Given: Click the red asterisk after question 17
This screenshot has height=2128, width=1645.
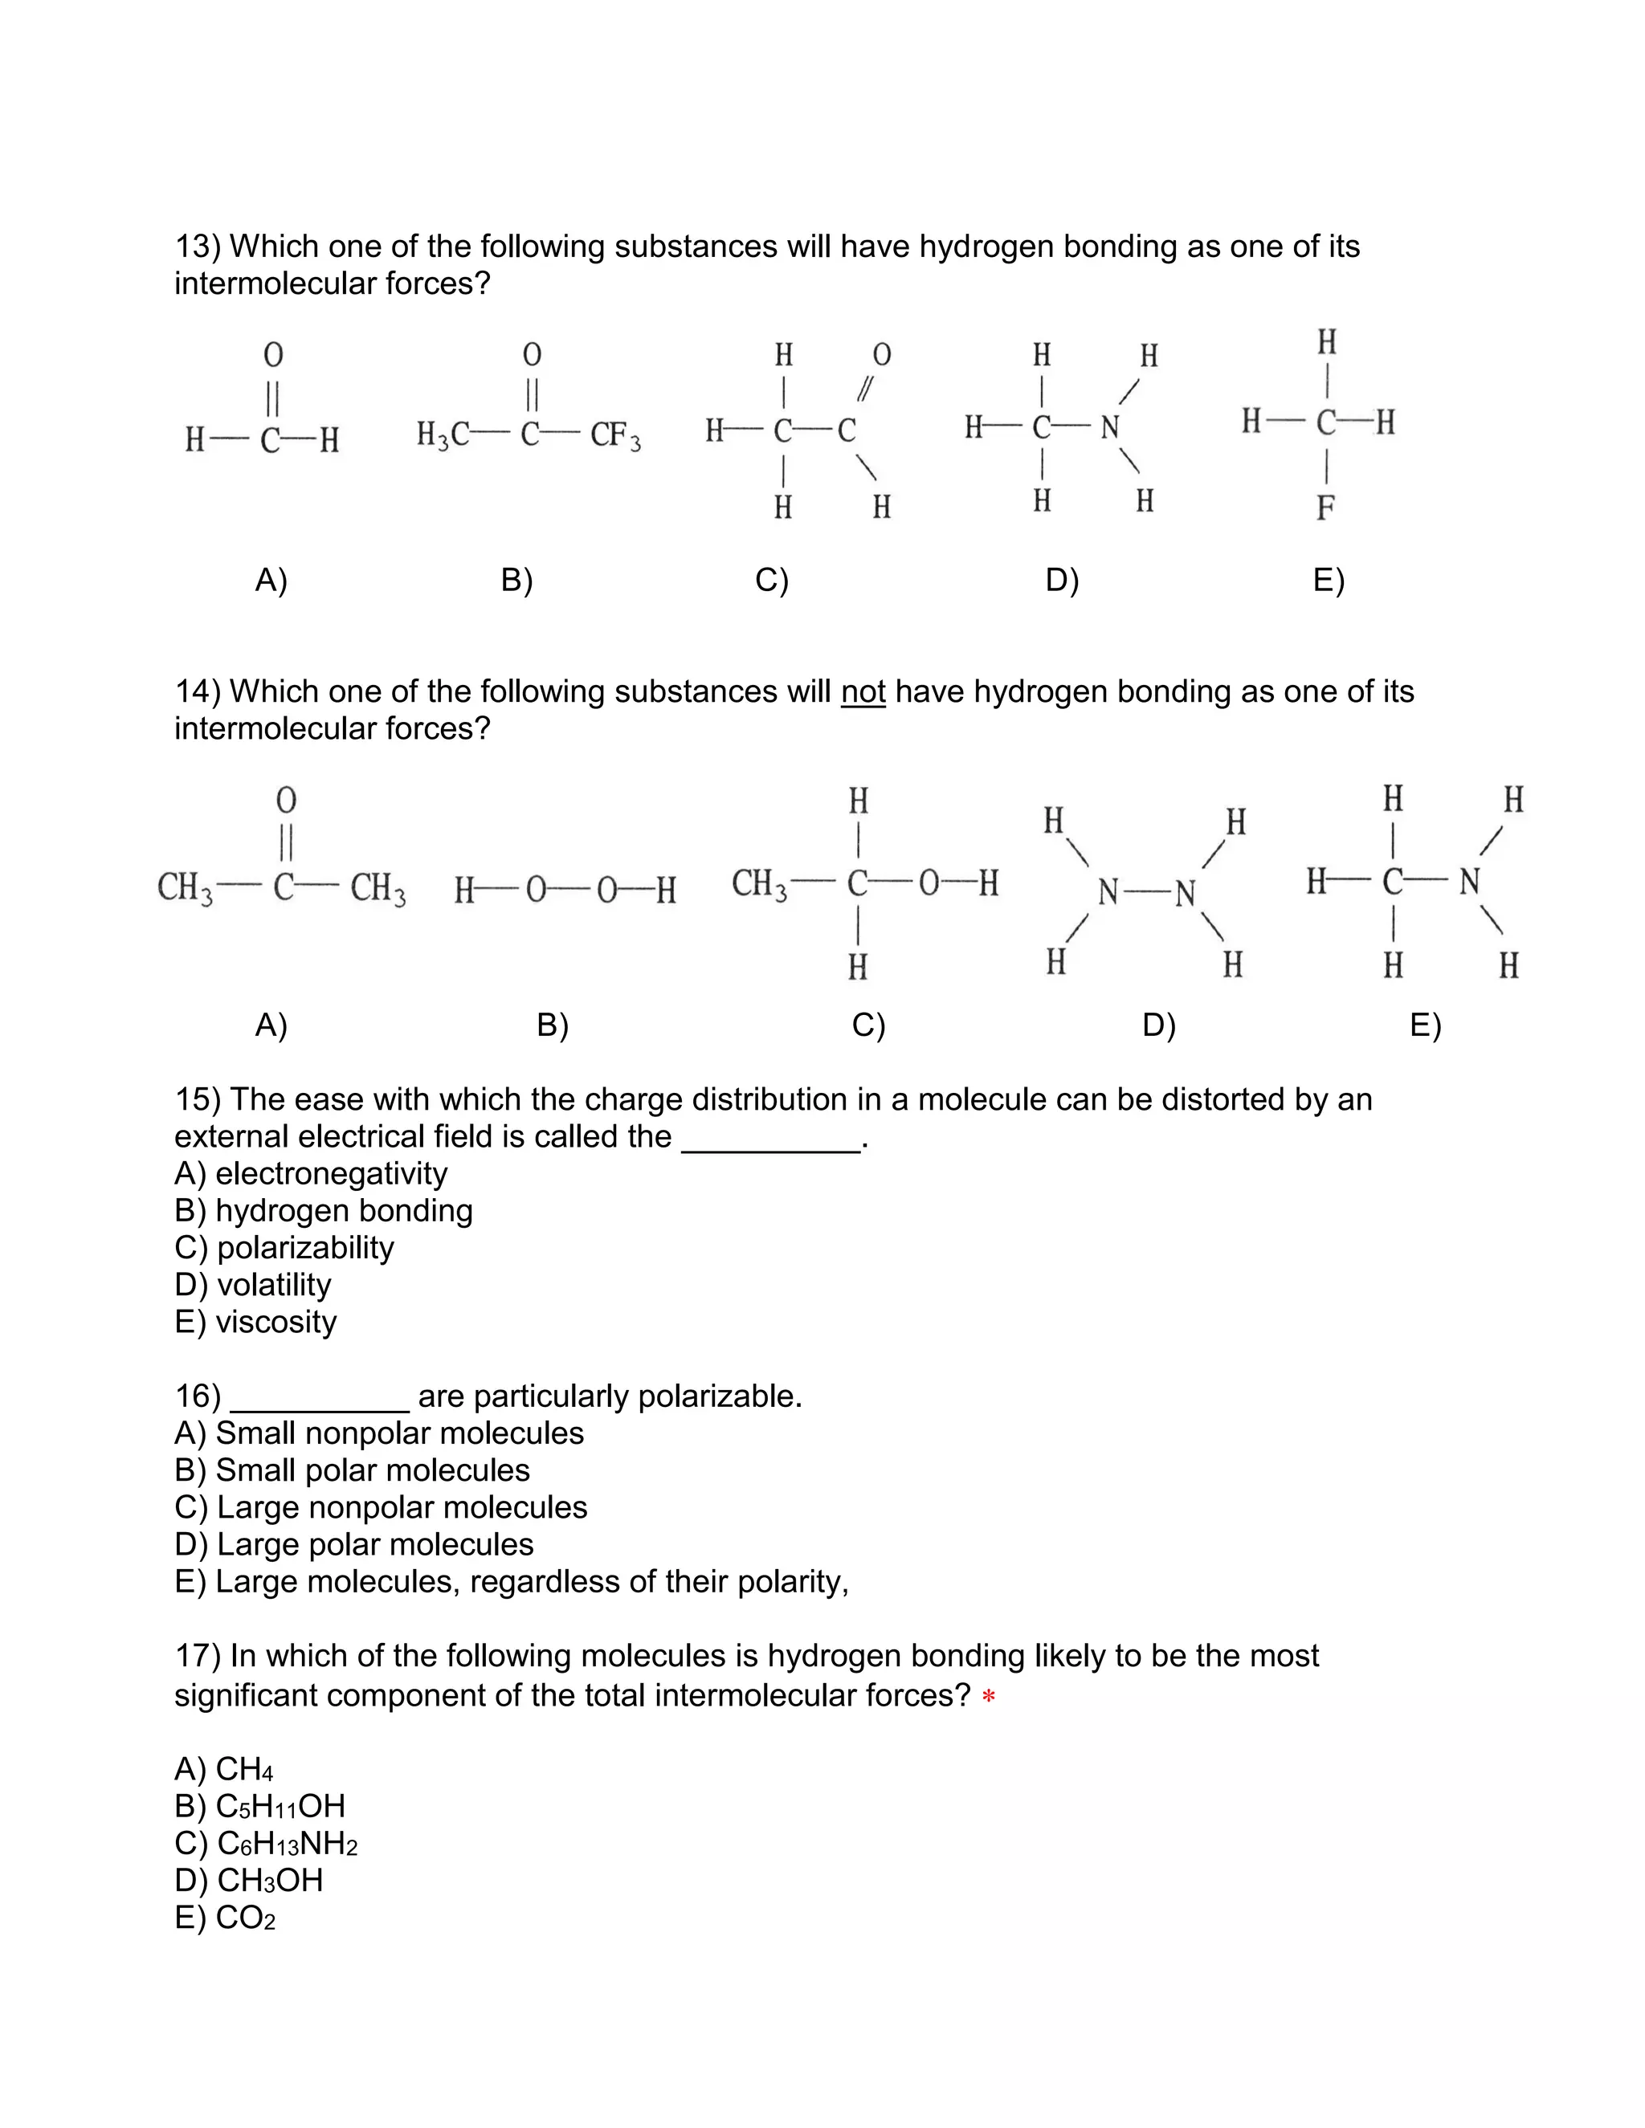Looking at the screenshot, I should click(988, 1698).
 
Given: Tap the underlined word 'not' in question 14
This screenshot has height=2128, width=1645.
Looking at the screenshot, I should click(863, 691).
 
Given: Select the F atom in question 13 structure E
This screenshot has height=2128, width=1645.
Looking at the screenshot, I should click(1325, 508).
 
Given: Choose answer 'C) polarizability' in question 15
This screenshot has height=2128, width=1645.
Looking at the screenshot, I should click(284, 1248).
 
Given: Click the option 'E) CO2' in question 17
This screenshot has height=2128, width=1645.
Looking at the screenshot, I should click(225, 1918).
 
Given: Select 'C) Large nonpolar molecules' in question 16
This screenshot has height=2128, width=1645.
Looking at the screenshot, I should click(381, 1507).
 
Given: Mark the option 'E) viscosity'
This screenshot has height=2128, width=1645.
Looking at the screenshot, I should click(256, 1323).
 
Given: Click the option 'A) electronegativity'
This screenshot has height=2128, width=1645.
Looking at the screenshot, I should click(311, 1174).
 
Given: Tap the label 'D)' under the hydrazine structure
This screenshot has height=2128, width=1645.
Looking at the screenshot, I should click(1159, 1025).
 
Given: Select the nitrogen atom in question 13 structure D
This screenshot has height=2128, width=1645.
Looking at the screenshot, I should click(1110, 428).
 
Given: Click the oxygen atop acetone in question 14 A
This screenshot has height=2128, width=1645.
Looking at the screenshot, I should click(285, 800).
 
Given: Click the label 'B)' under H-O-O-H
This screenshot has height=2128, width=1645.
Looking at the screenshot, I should click(553, 1025).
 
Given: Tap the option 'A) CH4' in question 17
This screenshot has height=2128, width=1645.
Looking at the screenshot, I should click(224, 1768).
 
